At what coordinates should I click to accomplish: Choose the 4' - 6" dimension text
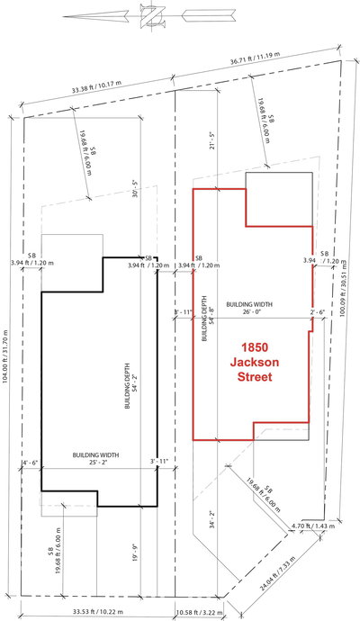pos(30,464)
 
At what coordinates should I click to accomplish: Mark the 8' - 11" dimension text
pos(183,311)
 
